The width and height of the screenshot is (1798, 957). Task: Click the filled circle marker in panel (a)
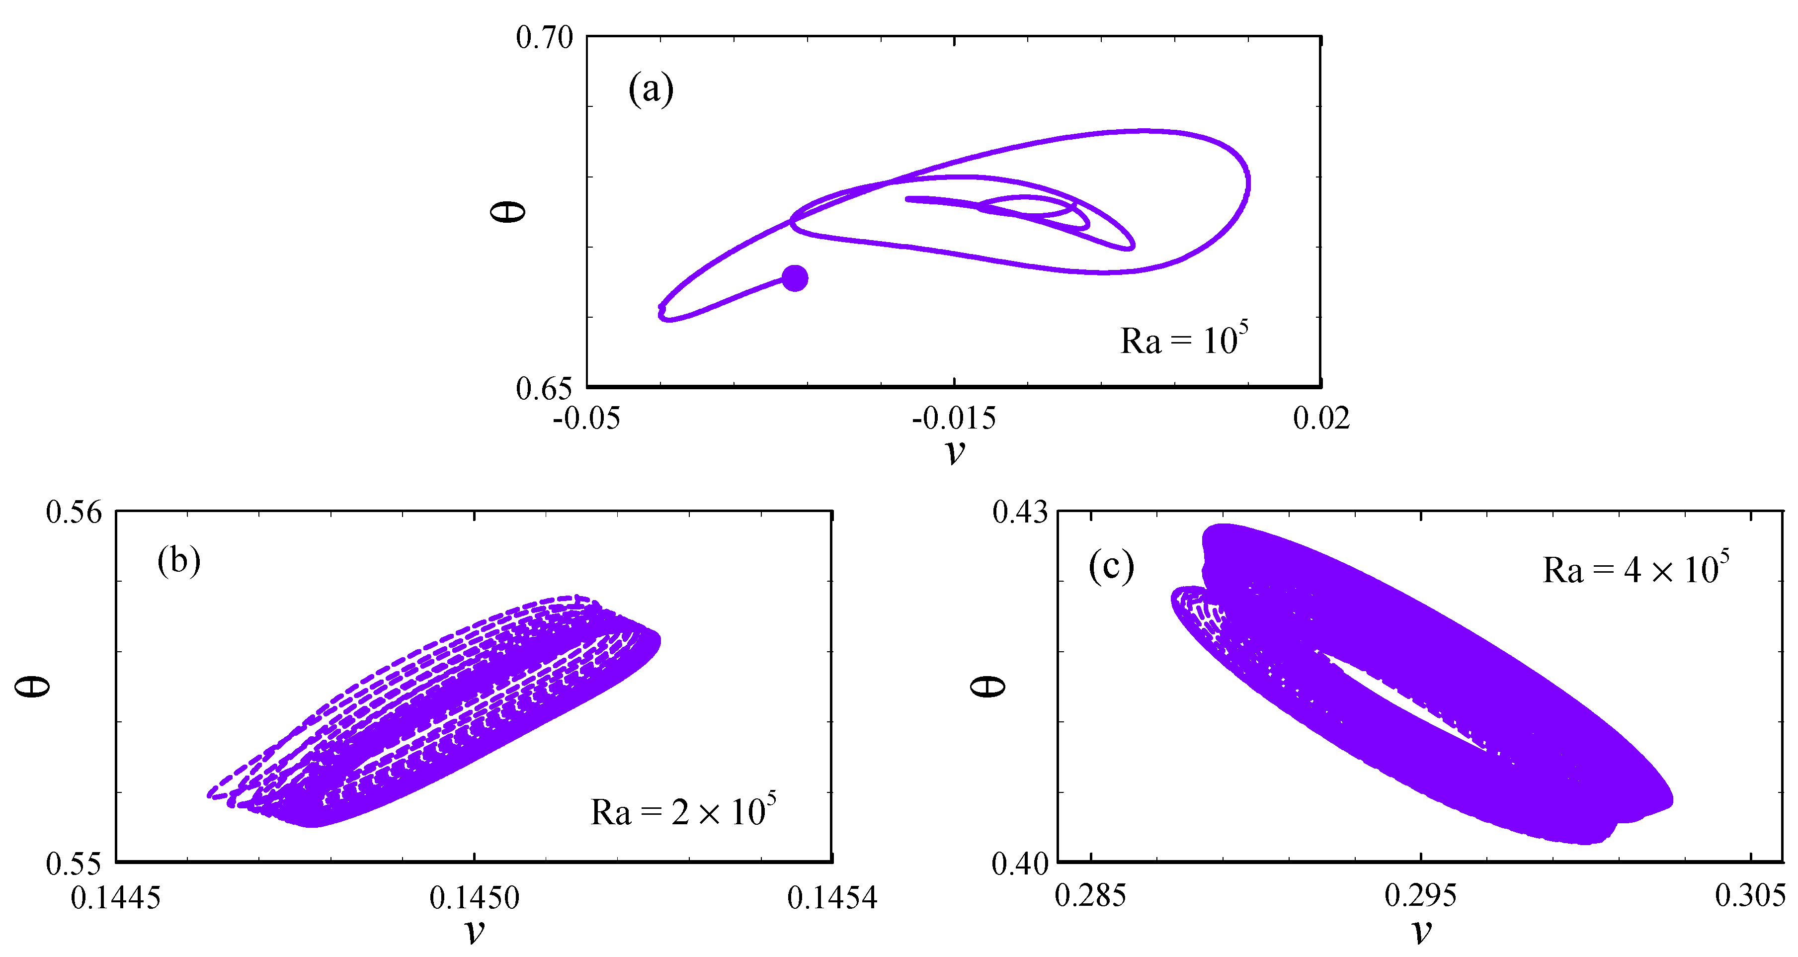pos(794,278)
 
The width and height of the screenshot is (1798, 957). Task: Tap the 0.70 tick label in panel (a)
pos(545,38)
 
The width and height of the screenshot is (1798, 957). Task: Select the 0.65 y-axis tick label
pos(545,389)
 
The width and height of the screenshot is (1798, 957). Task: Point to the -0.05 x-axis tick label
pos(586,419)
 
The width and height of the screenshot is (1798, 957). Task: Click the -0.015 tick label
pos(954,419)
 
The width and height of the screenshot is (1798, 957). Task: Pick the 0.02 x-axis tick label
pos(1321,419)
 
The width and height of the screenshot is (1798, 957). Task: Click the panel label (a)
pos(651,90)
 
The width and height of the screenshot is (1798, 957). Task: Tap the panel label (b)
pos(179,560)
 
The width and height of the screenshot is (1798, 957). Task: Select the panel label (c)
pos(1111,566)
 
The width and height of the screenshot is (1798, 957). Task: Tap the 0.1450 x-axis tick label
pos(474,898)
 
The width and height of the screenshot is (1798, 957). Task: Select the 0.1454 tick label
pos(832,898)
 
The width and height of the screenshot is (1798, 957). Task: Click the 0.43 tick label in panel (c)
pos(1020,513)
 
